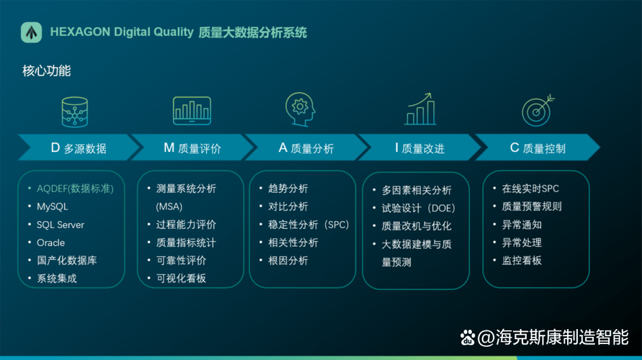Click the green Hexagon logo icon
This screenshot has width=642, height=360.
point(31,32)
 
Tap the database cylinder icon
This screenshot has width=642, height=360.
point(74,112)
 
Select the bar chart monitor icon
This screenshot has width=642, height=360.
point(192,110)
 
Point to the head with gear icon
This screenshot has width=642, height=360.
point(300,109)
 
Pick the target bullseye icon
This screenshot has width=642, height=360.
point(538,110)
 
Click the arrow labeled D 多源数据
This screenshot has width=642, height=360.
point(79,148)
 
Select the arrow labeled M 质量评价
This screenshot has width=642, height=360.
point(192,148)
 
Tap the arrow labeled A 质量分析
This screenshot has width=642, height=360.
point(306,148)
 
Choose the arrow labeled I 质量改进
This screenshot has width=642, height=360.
point(419,148)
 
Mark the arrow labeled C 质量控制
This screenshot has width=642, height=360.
point(538,148)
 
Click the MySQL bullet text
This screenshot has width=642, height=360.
point(53,207)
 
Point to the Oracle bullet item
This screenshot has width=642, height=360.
point(50,243)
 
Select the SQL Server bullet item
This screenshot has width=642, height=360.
point(61,225)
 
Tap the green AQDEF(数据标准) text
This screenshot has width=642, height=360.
point(75,189)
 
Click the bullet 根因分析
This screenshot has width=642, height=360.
point(287,261)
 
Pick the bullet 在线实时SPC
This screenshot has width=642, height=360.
point(530,189)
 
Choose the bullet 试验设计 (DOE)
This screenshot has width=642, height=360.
point(418,208)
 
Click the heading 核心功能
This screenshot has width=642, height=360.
point(47,71)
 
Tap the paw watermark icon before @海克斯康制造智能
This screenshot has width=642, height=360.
point(467,338)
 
